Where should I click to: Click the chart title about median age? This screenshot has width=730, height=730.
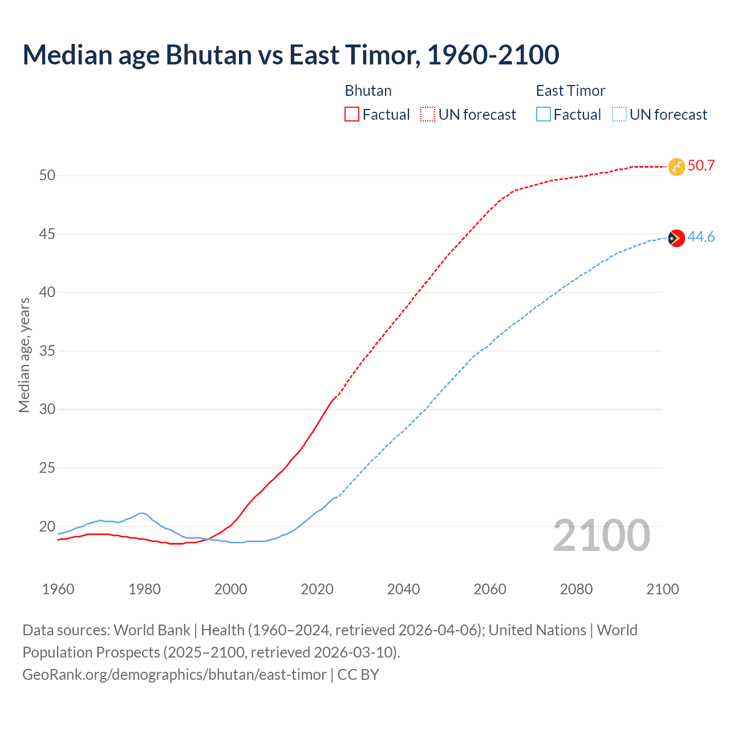pyautogui.click(x=291, y=55)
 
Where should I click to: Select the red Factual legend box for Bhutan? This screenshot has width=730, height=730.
pyautogui.click(x=352, y=114)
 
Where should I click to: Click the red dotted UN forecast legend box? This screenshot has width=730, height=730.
pyautogui.click(x=428, y=114)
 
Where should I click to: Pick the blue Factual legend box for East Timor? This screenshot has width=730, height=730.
pyautogui.click(x=544, y=114)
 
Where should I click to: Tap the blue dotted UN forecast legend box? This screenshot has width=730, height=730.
pyautogui.click(x=619, y=114)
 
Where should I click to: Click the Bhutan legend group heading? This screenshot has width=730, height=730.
pyautogui.click(x=368, y=91)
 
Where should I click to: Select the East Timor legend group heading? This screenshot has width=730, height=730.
pyautogui.click(x=570, y=91)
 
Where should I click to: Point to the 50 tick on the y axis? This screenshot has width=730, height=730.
pyautogui.click(x=47, y=175)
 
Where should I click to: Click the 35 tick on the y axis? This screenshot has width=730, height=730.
pyautogui.click(x=47, y=351)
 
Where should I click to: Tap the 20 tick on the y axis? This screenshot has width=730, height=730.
pyautogui.click(x=47, y=526)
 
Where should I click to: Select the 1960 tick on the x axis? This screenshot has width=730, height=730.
pyautogui.click(x=58, y=589)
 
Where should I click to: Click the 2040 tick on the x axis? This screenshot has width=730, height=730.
pyautogui.click(x=403, y=589)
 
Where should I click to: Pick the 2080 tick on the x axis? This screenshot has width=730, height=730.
pyautogui.click(x=576, y=589)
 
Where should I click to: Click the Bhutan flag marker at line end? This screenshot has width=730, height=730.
pyautogui.click(x=676, y=167)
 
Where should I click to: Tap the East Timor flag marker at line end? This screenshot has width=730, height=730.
pyautogui.click(x=676, y=238)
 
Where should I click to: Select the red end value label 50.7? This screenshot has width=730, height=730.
pyautogui.click(x=701, y=166)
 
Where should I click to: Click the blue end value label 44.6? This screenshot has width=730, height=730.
pyautogui.click(x=701, y=237)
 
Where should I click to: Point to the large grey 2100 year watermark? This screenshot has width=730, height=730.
pyautogui.click(x=601, y=536)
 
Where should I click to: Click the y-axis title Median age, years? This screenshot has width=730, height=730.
pyautogui.click(x=24, y=355)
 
